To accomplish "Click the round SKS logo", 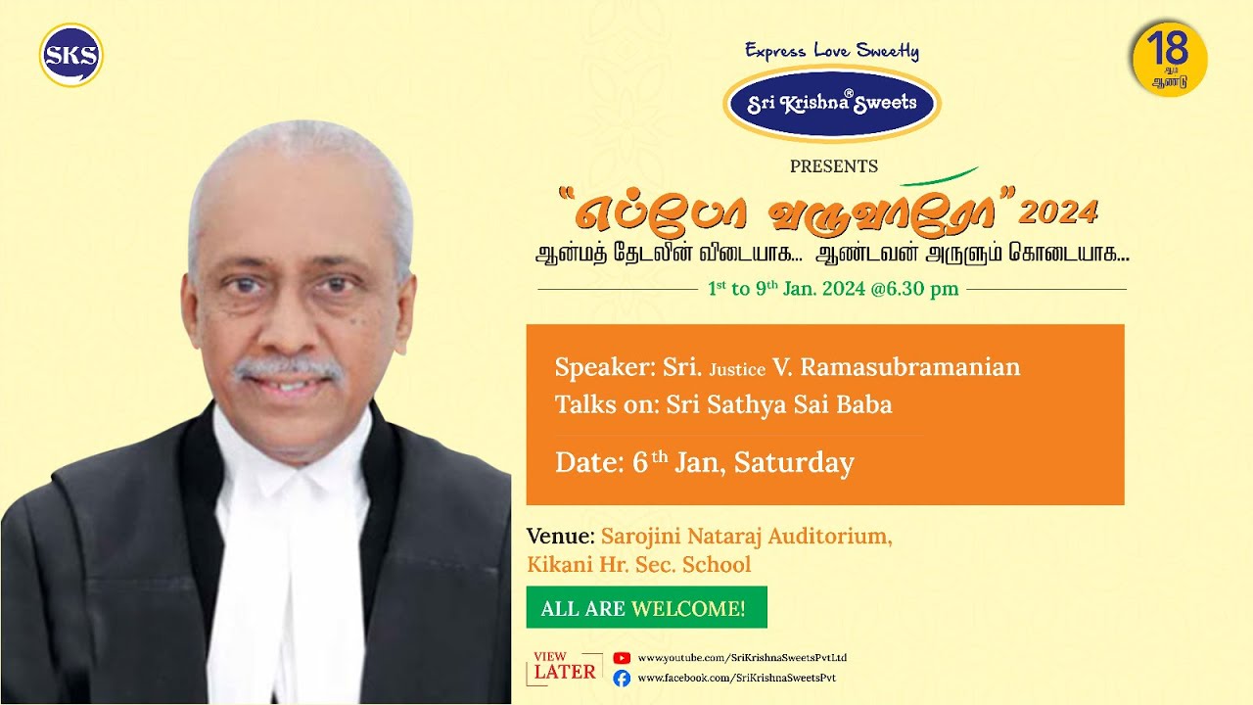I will click(x=71, y=55).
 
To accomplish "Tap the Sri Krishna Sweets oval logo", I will click(x=832, y=104).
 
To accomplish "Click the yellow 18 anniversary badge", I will click(x=1169, y=59).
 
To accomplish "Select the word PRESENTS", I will click(x=834, y=166).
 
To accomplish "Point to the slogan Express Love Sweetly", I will click(x=832, y=51).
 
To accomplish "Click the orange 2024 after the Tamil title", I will click(x=1058, y=211).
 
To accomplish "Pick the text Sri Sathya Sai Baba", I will click(x=779, y=404).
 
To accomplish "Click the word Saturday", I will click(x=794, y=462).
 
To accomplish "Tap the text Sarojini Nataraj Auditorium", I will click(x=747, y=537).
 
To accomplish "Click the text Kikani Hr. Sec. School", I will click(x=639, y=565).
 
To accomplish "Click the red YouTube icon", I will click(x=622, y=658).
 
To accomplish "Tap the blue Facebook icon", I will click(x=622, y=678).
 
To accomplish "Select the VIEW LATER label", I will click(x=565, y=667).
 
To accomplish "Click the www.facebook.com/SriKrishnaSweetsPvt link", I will click(x=736, y=678).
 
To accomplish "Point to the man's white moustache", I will click(x=288, y=370).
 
